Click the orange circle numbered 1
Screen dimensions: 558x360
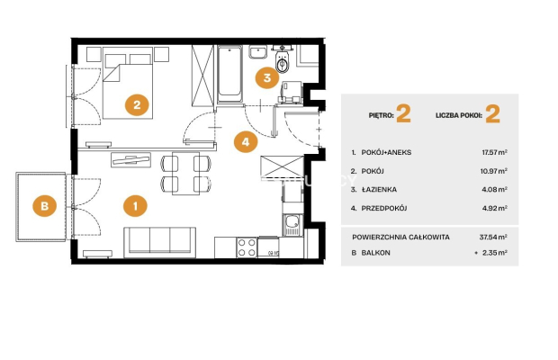pos(135,205)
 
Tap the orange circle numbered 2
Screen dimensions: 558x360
pos(137,104)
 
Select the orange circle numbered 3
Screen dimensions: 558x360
pos(267,77)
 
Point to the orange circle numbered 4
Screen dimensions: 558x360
pos(246,142)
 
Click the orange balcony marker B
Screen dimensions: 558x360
pos(44,205)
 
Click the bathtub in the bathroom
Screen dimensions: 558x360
pos(229,73)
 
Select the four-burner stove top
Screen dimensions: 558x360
pos(247,247)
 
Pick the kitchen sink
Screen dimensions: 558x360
pos(292,226)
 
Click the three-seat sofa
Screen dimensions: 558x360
pos(160,242)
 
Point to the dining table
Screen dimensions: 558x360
pos(185,174)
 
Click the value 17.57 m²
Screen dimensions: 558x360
pos(494,152)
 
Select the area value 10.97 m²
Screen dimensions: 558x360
pos(493,171)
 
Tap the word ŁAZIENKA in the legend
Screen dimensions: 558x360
pos(379,190)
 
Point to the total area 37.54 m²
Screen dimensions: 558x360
pos(493,237)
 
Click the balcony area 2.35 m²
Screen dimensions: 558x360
pos(495,253)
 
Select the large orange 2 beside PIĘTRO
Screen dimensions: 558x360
pos(403,113)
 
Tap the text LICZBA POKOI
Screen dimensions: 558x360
pos(459,115)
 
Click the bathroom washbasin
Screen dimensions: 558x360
pos(257,52)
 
